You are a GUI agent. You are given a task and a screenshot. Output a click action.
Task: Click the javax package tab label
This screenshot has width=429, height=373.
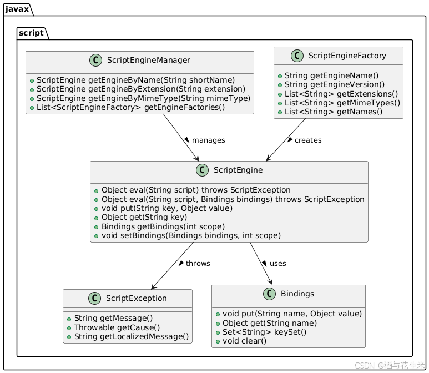17,9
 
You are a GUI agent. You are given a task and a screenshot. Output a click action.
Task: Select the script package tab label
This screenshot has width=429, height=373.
31,33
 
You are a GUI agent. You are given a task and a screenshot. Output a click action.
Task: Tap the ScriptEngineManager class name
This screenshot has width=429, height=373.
149,60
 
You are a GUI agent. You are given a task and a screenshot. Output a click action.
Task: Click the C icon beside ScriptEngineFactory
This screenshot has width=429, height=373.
297,56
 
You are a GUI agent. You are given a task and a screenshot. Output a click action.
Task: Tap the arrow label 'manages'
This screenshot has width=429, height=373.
209,140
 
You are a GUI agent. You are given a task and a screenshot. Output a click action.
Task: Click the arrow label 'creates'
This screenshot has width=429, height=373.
308,140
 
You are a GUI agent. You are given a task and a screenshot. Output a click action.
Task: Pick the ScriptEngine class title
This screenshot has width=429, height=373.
238,170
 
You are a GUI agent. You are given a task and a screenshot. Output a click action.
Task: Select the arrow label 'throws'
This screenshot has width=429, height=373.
198,263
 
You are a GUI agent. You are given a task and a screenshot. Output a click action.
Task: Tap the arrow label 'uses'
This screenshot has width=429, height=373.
277,263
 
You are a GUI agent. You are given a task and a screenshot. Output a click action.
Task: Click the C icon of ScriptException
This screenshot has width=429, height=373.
95,298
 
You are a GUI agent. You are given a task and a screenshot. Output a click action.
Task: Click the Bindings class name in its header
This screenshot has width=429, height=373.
297,294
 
